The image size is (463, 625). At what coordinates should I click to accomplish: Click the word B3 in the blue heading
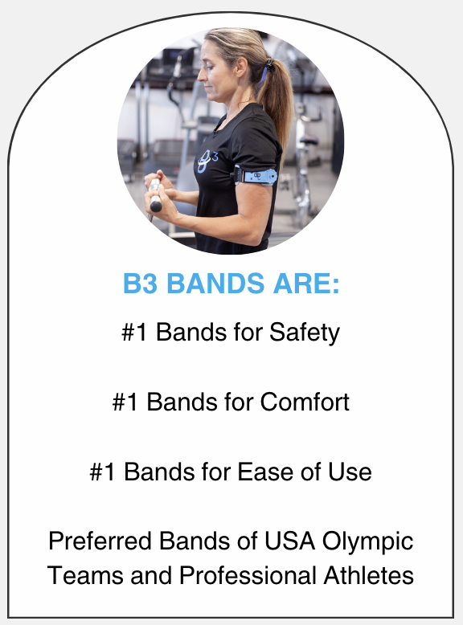click(x=139, y=284)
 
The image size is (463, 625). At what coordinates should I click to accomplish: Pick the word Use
click(x=351, y=471)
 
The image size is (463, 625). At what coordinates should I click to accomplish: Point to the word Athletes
click(x=366, y=575)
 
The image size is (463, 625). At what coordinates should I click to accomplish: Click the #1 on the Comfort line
click(x=127, y=402)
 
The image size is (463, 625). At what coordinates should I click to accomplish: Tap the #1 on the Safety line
click(x=136, y=333)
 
